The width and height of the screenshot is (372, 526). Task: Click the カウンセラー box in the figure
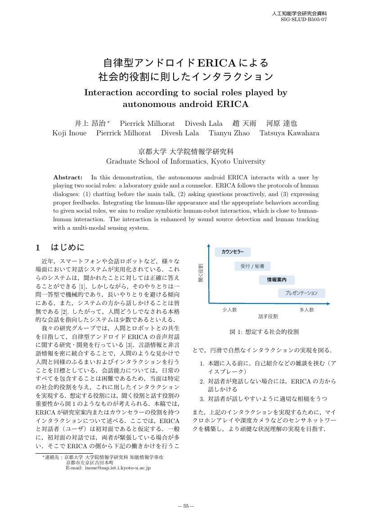click(233, 252)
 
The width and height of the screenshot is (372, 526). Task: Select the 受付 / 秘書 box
click(252, 266)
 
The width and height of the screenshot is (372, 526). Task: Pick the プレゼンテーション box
click(301, 293)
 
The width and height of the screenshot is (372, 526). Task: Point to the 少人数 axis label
click(229, 310)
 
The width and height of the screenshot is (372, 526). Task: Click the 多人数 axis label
click(307, 310)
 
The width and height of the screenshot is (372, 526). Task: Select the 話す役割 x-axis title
click(268, 316)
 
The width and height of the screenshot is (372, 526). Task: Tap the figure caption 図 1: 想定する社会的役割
click(264, 332)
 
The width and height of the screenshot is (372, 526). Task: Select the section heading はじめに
click(68, 247)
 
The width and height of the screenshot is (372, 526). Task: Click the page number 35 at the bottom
click(186, 506)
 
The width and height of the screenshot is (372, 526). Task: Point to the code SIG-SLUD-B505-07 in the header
click(304, 20)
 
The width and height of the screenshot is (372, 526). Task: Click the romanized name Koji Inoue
click(69, 133)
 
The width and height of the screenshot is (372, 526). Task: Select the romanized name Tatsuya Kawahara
click(289, 133)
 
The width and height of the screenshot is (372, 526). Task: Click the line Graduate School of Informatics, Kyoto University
click(186, 161)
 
